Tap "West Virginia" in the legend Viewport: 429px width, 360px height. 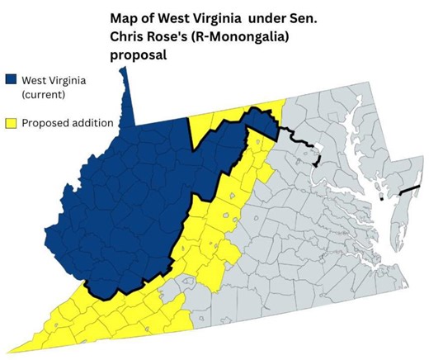(x=54, y=80)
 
